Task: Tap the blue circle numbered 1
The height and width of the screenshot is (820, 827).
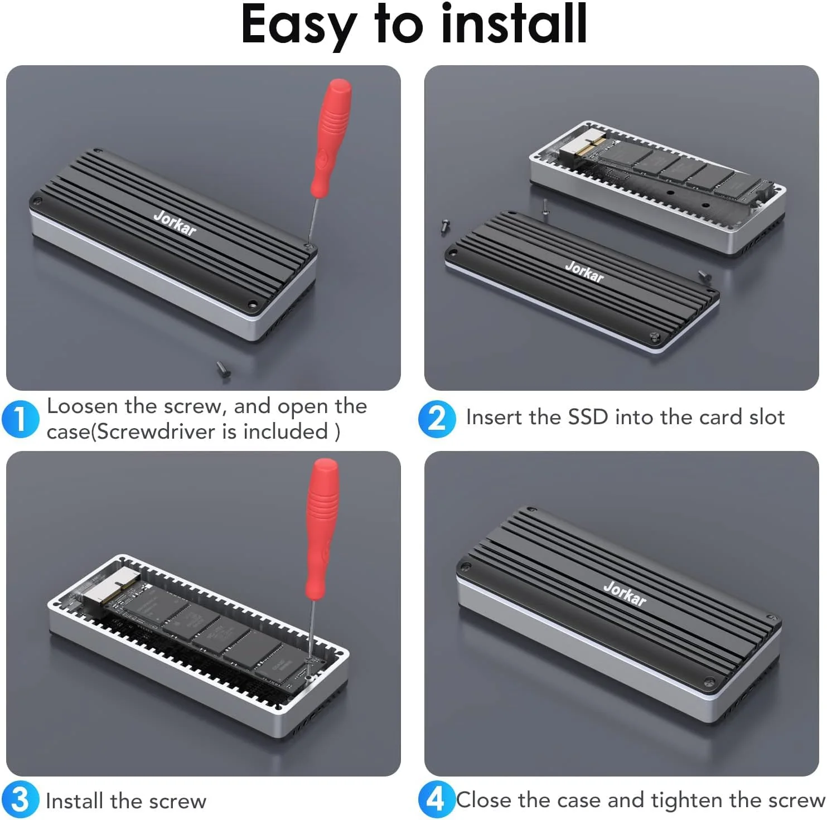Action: [20, 419]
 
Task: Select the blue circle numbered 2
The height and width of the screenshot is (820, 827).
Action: [437, 419]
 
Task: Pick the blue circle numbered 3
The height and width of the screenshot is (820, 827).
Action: [20, 800]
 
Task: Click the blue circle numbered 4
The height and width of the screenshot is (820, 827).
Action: [437, 800]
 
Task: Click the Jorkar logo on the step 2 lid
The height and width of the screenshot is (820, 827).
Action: [584, 271]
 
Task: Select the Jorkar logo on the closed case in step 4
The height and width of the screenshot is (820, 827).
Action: [625, 594]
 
